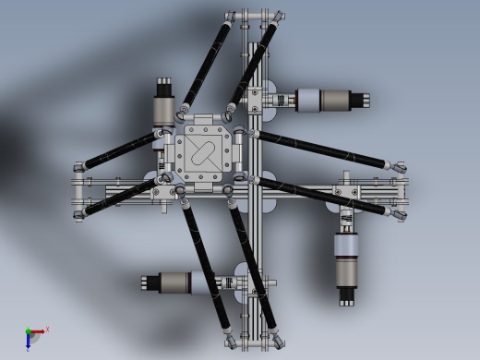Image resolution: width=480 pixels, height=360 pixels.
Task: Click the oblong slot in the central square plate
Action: pyautogui.click(x=203, y=152)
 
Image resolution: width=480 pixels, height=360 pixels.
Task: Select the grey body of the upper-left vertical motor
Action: pyautogui.click(x=165, y=109)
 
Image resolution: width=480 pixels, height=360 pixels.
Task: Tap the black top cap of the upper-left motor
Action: pyautogui.click(x=165, y=85)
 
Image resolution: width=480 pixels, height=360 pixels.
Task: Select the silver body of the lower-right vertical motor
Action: pyautogui.click(x=347, y=258)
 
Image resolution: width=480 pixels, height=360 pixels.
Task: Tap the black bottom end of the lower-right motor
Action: pyautogui.click(x=347, y=296)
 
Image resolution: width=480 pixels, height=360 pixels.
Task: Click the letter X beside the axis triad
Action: pyautogui.click(x=47, y=329)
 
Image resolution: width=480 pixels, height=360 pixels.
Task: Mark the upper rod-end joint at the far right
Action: pyautogui.click(x=402, y=164)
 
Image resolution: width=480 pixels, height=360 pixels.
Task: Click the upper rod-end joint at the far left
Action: pyautogui.click(x=80, y=167)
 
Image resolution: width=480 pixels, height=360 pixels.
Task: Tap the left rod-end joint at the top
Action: pyautogui.click(x=231, y=18)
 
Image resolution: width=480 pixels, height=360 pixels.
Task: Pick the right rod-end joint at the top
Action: pyautogui.click(x=276, y=18)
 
